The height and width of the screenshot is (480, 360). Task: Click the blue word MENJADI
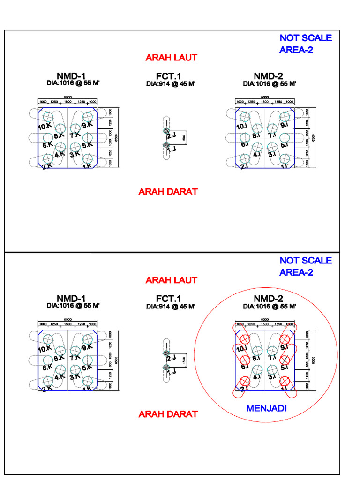click(266, 408)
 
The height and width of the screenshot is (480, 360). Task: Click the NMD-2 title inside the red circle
click(268, 299)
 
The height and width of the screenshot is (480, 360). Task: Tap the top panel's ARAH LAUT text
click(171, 58)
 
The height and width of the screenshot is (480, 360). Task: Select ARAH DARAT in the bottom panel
click(168, 414)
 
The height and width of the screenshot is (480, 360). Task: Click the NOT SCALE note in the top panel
click(306, 38)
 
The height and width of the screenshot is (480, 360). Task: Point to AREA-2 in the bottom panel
click(296, 272)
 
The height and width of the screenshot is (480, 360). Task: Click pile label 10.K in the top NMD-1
click(45, 126)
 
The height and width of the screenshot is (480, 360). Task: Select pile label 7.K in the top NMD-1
click(75, 135)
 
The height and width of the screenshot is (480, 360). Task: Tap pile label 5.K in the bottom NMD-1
click(88, 367)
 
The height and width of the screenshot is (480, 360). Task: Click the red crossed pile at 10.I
click(244, 339)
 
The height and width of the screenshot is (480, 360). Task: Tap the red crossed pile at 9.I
click(285, 339)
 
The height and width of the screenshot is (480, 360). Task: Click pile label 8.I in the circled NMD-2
click(256, 358)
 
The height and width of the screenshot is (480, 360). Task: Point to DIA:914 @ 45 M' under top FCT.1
click(170, 84)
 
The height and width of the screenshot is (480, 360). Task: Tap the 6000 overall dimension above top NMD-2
click(265, 97)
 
